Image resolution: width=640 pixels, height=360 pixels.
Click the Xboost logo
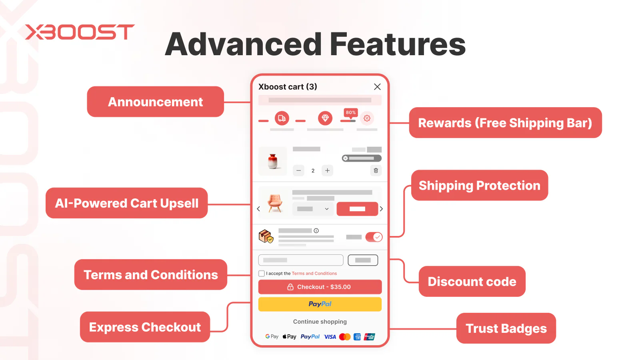coord(80,32)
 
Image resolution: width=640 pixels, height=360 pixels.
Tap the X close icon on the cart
coord(377,87)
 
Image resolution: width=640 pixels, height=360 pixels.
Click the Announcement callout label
coord(155,102)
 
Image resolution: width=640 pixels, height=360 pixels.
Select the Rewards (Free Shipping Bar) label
coord(505,123)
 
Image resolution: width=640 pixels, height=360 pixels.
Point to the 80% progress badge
coord(350,112)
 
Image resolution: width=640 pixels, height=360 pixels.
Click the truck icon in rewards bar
coord(282,118)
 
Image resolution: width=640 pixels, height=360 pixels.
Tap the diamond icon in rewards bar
coord(325,118)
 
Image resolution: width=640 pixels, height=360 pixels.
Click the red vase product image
coord(273,161)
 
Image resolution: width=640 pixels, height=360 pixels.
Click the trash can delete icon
coord(376,170)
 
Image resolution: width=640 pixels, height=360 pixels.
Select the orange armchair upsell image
coord(275,203)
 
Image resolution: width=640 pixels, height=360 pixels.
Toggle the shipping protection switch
coord(374,237)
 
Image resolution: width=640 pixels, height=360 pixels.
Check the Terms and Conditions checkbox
coord(262,274)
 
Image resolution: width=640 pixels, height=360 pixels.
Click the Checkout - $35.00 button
coord(320,287)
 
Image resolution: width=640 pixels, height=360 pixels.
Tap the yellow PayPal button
coord(320,304)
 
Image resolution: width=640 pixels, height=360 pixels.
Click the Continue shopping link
coord(320,322)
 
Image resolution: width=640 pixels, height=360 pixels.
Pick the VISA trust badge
coord(330,337)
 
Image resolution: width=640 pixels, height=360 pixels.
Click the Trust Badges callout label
coord(506,328)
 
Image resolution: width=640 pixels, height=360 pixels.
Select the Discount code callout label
coord(472,282)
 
